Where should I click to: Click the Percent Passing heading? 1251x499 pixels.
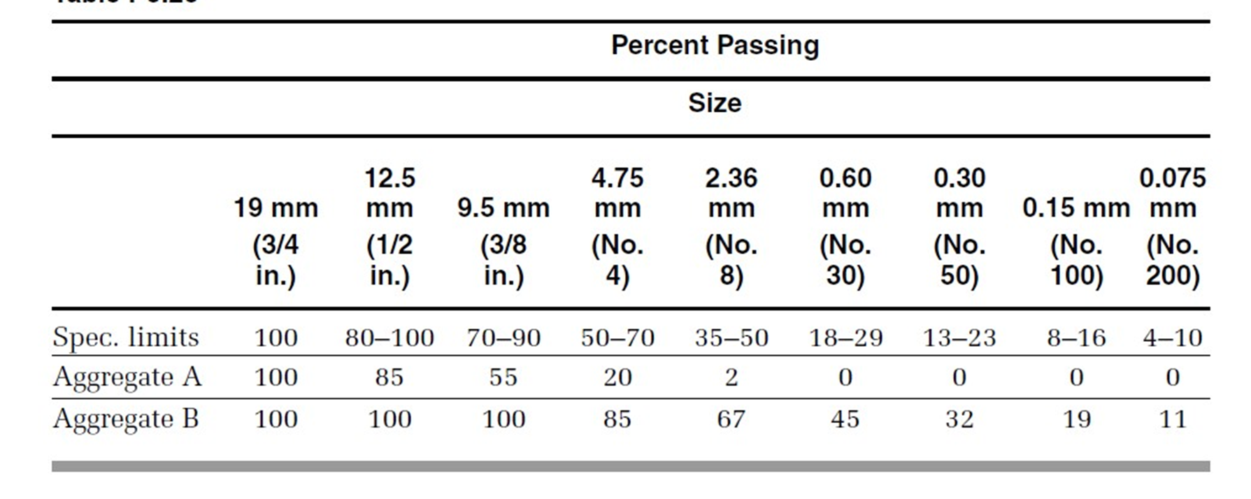[x=715, y=45]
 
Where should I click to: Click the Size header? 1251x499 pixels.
[x=715, y=103]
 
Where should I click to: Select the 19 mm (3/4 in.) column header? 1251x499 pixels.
[x=276, y=241]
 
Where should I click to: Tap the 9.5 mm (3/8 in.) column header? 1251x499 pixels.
[x=503, y=241]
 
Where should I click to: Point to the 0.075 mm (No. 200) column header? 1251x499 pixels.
[x=1173, y=226]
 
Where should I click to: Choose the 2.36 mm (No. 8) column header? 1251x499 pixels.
[x=731, y=226]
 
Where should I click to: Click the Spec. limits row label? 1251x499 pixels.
[x=126, y=338]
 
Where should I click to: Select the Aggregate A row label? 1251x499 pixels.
[x=127, y=377]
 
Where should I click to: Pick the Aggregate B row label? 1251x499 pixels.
[x=126, y=419]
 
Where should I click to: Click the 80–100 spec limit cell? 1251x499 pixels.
[x=389, y=338]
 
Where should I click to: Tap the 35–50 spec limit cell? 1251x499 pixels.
[x=731, y=338]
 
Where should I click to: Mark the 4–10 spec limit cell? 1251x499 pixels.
[x=1173, y=338]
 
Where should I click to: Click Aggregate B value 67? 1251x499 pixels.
[x=731, y=419]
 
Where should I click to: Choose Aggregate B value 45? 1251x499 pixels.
[x=845, y=419]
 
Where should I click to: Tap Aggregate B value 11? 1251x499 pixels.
[x=1173, y=419]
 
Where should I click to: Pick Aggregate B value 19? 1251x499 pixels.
[x=1077, y=419]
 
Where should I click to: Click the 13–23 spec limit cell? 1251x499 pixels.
[x=959, y=338]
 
